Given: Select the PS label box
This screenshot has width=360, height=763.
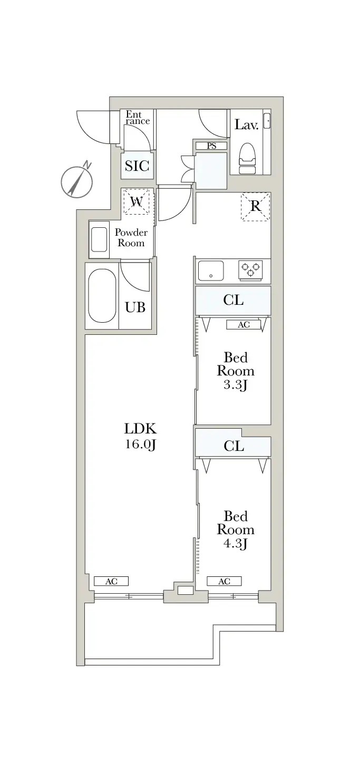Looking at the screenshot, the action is (211, 146).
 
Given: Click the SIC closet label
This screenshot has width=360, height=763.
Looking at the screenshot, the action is (137, 166).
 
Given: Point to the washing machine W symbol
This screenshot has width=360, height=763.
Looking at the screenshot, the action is (137, 202).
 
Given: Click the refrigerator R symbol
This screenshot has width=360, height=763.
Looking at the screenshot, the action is (256, 206).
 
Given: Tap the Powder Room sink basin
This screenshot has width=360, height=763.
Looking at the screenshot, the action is (99, 239).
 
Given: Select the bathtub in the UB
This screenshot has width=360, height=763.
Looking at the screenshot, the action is (102, 296).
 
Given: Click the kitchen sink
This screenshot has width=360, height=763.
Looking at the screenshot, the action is (211, 271).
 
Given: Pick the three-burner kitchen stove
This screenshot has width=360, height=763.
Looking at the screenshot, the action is (251, 270).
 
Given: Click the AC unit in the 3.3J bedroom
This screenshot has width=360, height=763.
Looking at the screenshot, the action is (244, 325).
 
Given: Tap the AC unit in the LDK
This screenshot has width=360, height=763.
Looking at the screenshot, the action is (111, 581).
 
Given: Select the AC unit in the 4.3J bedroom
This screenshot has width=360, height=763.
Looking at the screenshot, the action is (224, 581).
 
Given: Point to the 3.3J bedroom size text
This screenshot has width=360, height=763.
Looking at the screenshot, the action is (236, 385).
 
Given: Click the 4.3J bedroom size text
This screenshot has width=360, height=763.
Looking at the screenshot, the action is (236, 544).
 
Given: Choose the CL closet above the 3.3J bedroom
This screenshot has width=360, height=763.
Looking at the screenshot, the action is (233, 300).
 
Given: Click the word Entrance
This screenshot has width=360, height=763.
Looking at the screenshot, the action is (138, 118).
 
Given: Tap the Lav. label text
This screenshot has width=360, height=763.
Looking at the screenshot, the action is (246, 124).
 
